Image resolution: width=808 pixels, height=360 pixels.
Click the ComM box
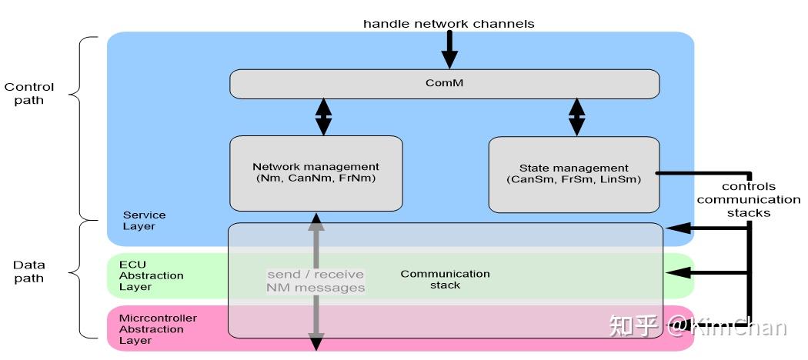coord(444,84)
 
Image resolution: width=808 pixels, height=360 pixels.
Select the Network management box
coord(316,172)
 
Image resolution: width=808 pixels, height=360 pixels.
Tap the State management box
coord(573,173)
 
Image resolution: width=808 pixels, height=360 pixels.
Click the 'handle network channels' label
coord(449,24)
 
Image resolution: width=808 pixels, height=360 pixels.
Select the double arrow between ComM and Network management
coord(324,117)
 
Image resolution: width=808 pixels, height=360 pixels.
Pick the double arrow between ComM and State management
coord(576,117)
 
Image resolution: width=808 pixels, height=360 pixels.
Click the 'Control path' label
coord(29,94)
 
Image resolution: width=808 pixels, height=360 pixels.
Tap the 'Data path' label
coord(29,272)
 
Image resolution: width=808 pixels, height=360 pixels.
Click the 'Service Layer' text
coord(144,221)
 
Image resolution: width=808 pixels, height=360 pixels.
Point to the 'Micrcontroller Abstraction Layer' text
coord(158,329)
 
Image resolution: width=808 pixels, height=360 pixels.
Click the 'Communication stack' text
coord(445,279)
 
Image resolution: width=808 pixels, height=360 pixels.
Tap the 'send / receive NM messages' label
coord(316,281)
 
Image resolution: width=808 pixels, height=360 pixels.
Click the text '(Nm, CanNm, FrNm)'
coord(316,178)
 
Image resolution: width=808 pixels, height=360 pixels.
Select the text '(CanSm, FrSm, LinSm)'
coord(573,180)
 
